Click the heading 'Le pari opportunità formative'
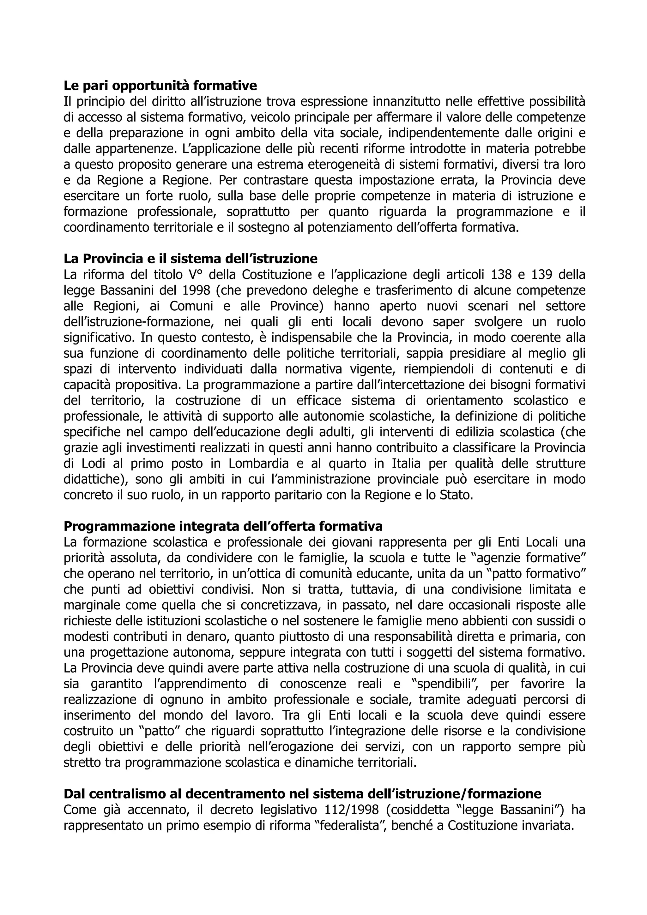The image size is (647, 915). pyautogui.click(x=160, y=86)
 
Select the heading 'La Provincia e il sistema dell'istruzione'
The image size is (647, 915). pyautogui.click(x=190, y=259)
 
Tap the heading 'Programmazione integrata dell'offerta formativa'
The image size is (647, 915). pyautogui.click(x=223, y=526)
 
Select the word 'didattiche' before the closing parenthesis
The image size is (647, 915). pyautogui.click(x=93, y=479)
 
